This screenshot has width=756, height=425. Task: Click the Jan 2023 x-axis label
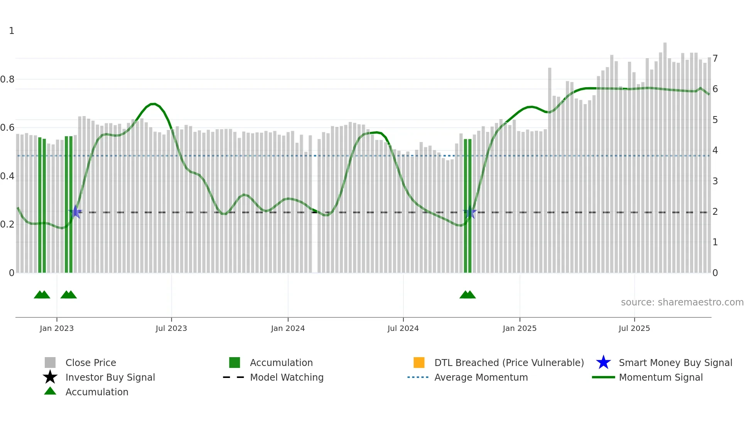tap(57, 328)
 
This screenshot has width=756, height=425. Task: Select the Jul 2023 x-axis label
tap(171, 328)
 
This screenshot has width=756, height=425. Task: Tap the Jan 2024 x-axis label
tap(288, 328)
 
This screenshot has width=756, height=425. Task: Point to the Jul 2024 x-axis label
tap(403, 328)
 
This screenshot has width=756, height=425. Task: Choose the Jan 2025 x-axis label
tap(520, 328)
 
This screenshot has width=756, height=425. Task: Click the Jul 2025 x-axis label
tap(634, 328)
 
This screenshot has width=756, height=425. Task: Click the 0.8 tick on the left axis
tap(7, 79)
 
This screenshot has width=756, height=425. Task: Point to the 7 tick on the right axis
tap(715, 59)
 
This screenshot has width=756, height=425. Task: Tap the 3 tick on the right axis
tap(715, 181)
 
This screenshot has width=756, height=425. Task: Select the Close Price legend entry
tap(91, 363)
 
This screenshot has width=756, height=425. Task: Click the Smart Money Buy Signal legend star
tap(603, 363)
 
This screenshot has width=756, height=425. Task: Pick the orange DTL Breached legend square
tap(419, 363)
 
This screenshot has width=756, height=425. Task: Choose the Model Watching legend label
tap(287, 377)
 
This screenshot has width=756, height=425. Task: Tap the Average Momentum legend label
tap(481, 377)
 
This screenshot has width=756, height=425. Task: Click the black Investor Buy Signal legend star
tap(50, 377)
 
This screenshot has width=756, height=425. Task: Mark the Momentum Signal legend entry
tap(661, 377)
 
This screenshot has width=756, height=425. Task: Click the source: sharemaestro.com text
tap(682, 302)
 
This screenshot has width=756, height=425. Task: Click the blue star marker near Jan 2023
tap(76, 212)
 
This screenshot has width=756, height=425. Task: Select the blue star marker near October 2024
tap(470, 212)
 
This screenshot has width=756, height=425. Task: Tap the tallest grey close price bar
tap(665, 154)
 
